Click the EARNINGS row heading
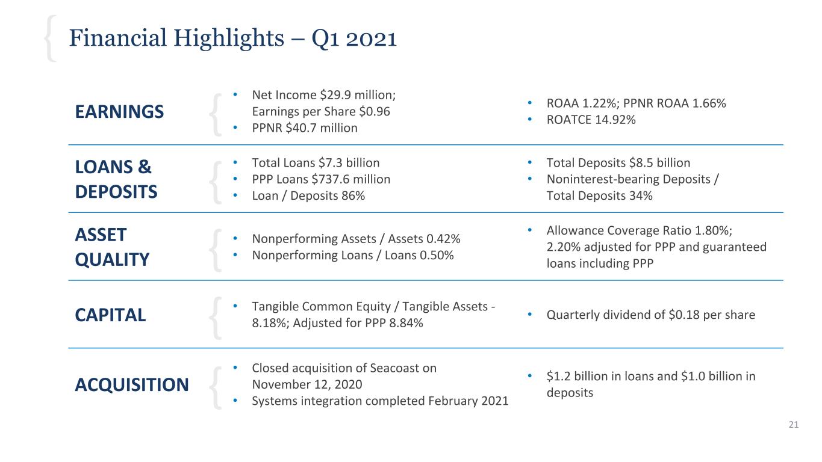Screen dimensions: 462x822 tap(119, 112)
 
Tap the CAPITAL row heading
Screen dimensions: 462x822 tap(110, 315)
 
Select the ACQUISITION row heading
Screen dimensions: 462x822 tap(131, 384)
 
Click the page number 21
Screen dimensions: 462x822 tap(793, 425)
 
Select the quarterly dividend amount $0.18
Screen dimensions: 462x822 tap(685, 315)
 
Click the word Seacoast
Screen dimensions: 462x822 tap(400, 368)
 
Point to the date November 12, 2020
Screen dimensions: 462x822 tap(307, 384)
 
